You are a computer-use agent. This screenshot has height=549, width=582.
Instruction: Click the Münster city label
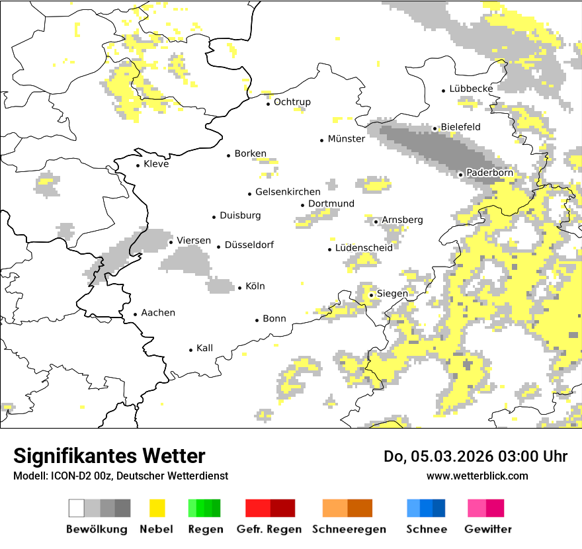tap(346, 139)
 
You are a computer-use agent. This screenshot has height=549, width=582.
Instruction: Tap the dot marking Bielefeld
tap(435, 129)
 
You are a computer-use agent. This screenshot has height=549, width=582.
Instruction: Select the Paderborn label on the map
tap(489, 173)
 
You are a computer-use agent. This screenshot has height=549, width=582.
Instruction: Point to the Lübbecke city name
tap(471, 89)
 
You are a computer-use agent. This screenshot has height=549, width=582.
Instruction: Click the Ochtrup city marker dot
tap(269, 104)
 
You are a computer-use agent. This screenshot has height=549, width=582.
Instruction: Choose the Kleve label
tap(156, 164)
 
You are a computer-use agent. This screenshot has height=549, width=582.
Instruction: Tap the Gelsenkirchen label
tap(288, 192)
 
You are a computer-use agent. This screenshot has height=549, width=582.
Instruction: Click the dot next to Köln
tap(240, 288)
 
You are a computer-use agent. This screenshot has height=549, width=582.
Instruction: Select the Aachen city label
tap(158, 313)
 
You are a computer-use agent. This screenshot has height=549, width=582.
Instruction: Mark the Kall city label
tap(204, 348)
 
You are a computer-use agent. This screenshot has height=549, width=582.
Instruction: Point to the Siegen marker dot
tap(372, 295)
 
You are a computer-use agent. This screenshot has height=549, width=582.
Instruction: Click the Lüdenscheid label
tap(364, 247)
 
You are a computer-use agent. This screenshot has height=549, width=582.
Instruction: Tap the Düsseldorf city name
tap(249, 245)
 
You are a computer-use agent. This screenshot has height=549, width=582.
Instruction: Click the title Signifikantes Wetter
tap(109, 456)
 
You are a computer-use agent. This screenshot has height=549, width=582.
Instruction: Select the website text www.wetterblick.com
tap(477, 476)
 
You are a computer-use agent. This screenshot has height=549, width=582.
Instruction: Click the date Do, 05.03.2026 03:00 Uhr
tap(475, 456)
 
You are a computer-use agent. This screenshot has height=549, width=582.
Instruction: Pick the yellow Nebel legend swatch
tap(157, 508)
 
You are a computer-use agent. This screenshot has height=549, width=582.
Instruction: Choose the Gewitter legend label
tap(487, 529)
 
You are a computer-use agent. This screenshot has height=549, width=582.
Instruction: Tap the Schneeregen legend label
tap(349, 529)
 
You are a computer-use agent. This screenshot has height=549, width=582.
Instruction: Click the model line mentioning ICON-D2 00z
tap(120, 476)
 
